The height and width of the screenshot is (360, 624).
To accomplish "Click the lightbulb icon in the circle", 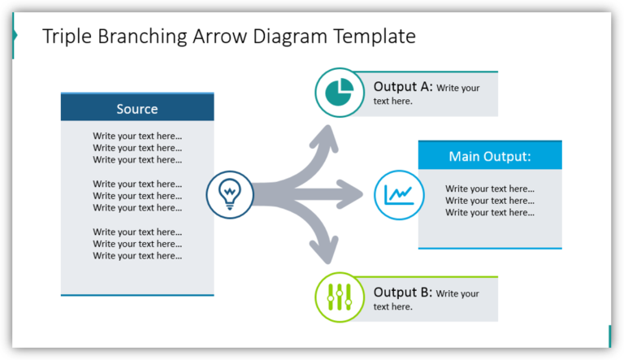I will (230, 195).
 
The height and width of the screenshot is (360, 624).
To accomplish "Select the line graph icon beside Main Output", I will (399, 195).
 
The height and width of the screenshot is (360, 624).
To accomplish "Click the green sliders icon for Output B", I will (339, 297).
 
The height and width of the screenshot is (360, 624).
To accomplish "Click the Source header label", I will (137, 109).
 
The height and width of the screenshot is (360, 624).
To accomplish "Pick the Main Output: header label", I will (489, 156).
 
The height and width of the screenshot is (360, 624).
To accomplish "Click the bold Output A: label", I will (403, 87).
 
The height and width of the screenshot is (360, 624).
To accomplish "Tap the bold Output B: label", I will (403, 293).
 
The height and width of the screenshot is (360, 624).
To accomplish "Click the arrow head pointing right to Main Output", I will (353, 195).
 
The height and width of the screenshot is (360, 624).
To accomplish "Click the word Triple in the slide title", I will (67, 37).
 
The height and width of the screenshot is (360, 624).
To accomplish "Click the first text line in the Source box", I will (137, 136).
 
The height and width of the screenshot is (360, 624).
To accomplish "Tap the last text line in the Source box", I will (137, 256).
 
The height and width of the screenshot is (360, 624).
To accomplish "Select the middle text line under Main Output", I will (489, 201).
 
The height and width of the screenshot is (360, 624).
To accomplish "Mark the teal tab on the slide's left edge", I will (14, 36).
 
